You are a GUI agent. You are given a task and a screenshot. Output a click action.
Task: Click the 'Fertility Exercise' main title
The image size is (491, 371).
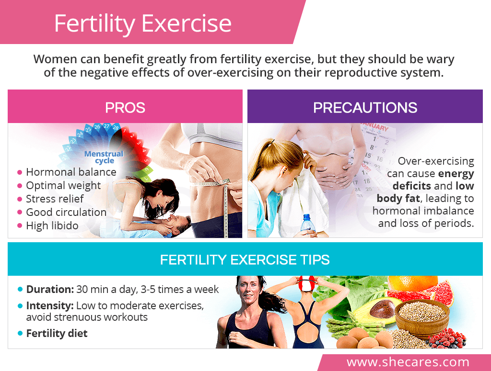[143, 24]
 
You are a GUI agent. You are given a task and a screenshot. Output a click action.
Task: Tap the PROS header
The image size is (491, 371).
[125, 108]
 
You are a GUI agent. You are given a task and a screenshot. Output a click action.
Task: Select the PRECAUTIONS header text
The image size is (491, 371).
[365, 108]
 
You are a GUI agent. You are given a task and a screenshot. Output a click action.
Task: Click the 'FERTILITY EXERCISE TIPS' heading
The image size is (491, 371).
[245, 260]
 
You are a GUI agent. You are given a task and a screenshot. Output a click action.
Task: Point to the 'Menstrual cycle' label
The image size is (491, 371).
[104, 157]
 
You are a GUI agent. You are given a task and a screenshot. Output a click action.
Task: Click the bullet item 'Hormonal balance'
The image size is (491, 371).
[71, 172]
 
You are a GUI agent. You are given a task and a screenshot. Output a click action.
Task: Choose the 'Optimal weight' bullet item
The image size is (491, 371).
[63, 186]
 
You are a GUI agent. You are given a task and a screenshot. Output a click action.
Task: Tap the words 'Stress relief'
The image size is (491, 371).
[55, 199]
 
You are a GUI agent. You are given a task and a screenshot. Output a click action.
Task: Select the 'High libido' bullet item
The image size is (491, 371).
[52, 225]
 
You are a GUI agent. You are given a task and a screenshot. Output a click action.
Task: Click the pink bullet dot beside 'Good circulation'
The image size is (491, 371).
[20, 212]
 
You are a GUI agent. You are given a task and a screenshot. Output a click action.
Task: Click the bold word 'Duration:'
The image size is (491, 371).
[50, 290]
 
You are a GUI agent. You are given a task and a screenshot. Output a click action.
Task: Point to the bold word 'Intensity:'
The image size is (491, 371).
[50, 306]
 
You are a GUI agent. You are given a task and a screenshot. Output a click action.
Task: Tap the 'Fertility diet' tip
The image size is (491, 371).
[57, 334]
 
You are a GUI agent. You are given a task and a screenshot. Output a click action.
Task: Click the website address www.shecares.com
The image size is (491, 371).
[408, 362]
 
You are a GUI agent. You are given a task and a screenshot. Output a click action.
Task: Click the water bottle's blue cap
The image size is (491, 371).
[307, 216]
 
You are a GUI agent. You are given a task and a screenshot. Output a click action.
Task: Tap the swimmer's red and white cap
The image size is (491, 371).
[306, 283]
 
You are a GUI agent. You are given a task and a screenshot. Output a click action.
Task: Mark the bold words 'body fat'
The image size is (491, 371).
[398, 199]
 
